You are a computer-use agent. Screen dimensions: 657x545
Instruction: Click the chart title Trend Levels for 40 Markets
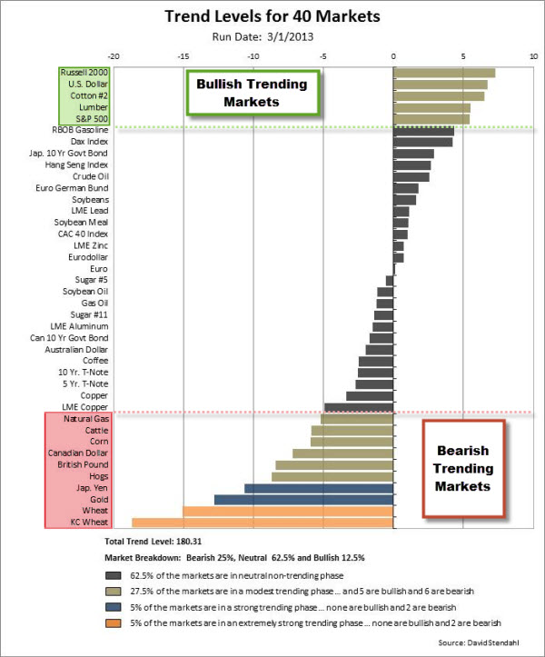tap(272, 16)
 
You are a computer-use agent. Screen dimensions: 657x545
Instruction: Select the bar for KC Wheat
tap(263, 523)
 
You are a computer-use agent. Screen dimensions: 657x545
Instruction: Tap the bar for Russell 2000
tap(444, 73)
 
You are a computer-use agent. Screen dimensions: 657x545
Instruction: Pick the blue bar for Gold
tap(303, 500)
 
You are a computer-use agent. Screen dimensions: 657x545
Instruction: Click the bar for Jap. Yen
tap(319, 488)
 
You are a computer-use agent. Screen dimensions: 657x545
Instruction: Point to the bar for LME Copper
tap(359, 407)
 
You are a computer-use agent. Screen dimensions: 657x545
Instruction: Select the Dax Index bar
tap(422, 142)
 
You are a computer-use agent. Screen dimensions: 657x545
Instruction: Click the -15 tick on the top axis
tap(183, 55)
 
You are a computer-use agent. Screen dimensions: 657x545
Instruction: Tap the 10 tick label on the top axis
tap(533, 55)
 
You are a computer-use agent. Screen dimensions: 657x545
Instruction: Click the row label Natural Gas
tap(87, 419)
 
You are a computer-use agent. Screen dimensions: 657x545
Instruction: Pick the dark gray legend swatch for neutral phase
tap(114, 574)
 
